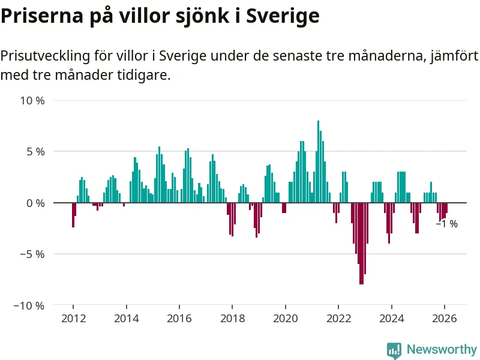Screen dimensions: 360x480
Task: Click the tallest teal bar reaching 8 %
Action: tap(318, 162)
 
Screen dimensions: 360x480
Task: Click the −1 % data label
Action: tap(446, 224)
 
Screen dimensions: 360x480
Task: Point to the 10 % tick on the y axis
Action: tap(33, 100)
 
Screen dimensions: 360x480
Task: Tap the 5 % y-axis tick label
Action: tap(35, 152)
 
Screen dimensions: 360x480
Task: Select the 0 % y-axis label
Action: tap(35, 203)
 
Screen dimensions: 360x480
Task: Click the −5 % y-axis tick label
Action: tap(32, 254)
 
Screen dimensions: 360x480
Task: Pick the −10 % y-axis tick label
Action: tap(29, 305)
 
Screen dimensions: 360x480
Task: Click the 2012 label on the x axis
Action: tap(73, 319)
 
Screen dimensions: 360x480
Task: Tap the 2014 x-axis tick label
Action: tap(126, 319)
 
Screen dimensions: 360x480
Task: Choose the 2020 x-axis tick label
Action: tap(285, 319)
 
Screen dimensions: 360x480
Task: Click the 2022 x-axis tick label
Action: tap(338, 319)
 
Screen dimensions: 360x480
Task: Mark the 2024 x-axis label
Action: tap(391, 319)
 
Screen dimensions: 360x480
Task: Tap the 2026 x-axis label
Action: tap(445, 319)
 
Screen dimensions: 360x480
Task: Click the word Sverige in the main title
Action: tap(281, 17)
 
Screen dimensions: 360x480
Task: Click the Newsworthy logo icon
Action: tap(394, 350)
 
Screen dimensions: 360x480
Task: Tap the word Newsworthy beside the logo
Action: tap(442, 349)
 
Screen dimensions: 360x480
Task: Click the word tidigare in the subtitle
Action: tap(142, 76)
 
